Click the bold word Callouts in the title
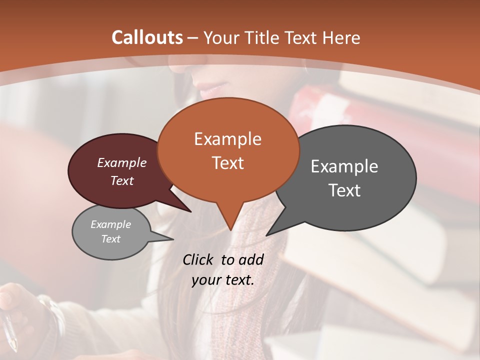pos(147,37)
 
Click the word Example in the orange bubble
pos(227,139)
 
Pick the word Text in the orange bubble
pos(227,163)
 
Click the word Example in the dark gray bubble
pos(344,166)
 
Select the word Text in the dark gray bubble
pos(344,190)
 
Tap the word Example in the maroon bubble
pos(122,163)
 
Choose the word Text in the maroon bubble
pos(122,181)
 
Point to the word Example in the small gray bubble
pos(110,224)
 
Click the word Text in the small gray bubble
pos(110,239)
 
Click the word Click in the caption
pos(198,259)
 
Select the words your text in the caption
pos(222,280)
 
